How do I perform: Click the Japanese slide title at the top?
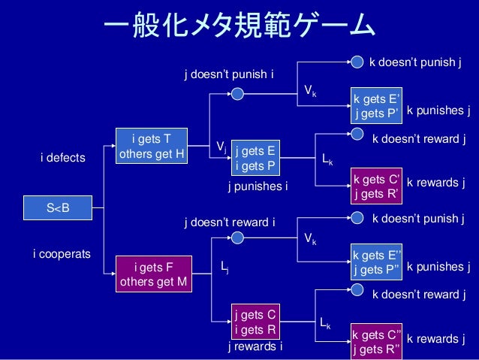pyautogui.click(x=239, y=28)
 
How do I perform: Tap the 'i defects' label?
pyautogui.click(x=63, y=159)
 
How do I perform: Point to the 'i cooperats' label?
pyautogui.click(x=62, y=255)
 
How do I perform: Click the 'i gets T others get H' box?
pyautogui.click(x=152, y=146)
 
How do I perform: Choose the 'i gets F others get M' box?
pyautogui.click(x=153, y=274)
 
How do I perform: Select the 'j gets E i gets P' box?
pyautogui.click(x=255, y=157)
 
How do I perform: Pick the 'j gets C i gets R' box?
pyautogui.click(x=255, y=322)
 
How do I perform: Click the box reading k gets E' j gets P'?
pyautogui.click(x=377, y=105)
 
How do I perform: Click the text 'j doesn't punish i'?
pyautogui.click(x=229, y=75)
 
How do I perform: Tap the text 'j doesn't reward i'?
pyautogui.click(x=230, y=222)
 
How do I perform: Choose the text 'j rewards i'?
pyautogui.click(x=256, y=347)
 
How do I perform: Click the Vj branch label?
pyautogui.click(x=221, y=146)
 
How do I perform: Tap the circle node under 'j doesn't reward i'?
pyautogui.click(x=238, y=237)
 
